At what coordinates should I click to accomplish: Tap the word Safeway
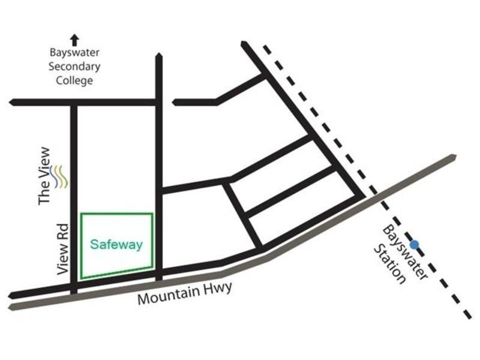tap(116, 245)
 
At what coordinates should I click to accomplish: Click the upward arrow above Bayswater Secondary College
tap(74, 40)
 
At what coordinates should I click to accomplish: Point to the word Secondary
tap(74, 67)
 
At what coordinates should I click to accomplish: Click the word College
tap(74, 80)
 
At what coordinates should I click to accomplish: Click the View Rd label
tap(62, 250)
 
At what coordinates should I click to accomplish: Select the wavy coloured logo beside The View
tap(61, 176)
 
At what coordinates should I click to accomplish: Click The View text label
tap(46, 176)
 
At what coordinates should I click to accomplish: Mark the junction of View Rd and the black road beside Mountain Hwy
tap(73, 287)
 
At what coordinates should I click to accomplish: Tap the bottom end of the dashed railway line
tap(470, 317)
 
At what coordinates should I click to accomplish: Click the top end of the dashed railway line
tap(264, 44)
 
